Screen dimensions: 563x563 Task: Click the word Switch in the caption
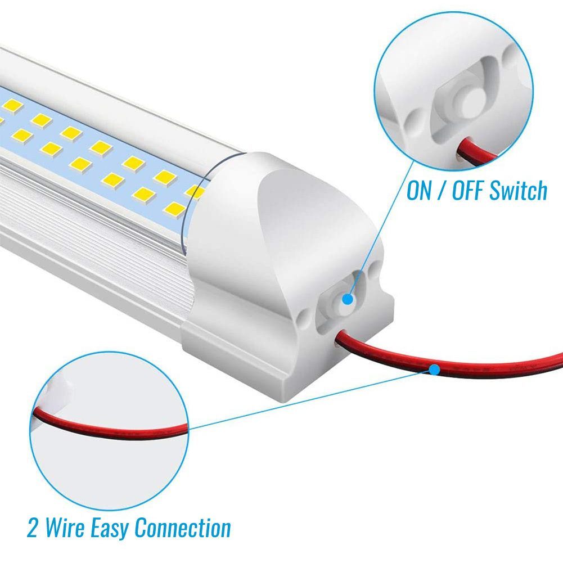click(x=519, y=190)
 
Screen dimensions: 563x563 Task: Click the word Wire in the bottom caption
click(x=65, y=528)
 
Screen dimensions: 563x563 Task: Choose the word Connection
click(x=183, y=528)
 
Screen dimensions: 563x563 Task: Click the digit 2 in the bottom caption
click(x=33, y=528)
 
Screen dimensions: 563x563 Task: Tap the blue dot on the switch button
click(x=348, y=299)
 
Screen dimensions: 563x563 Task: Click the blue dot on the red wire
click(x=434, y=370)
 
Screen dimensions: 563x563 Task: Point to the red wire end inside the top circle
click(x=476, y=151)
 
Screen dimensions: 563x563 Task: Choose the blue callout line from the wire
click(x=311, y=399)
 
